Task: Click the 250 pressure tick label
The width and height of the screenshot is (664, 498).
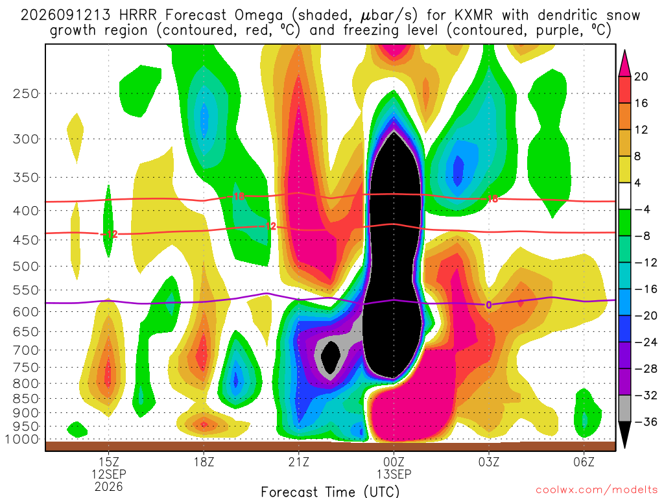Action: [26, 93]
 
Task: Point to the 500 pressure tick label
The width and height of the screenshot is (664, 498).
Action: [26, 267]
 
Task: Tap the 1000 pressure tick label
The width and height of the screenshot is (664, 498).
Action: [22, 439]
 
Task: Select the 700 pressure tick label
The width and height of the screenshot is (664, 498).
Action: [26, 350]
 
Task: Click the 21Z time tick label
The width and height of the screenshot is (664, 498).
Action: [299, 462]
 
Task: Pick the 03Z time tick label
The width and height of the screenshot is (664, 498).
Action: [489, 462]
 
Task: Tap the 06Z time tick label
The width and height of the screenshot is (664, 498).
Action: [584, 462]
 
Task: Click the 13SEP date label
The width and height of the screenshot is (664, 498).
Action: [394, 474]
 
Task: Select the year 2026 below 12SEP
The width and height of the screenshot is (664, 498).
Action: [109, 486]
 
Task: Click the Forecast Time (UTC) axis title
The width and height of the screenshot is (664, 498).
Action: [330, 492]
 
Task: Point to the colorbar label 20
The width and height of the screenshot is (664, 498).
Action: [641, 77]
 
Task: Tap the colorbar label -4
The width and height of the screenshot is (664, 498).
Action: [643, 209]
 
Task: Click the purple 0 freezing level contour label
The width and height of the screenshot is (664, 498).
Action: [489, 305]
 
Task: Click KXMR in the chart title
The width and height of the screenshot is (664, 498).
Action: [474, 16]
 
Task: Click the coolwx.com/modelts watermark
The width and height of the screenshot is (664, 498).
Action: [597, 490]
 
